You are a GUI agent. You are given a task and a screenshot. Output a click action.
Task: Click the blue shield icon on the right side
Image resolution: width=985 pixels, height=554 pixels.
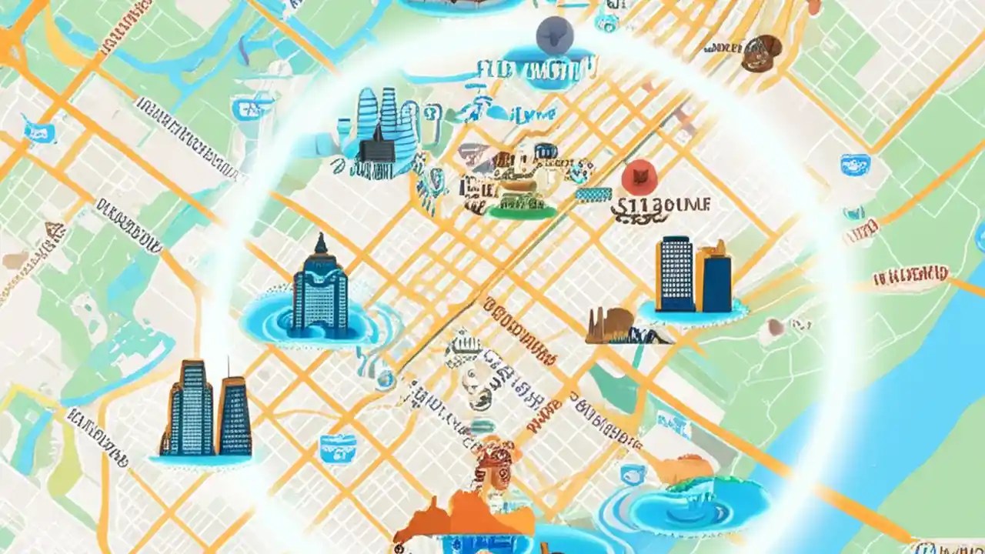click(855, 164)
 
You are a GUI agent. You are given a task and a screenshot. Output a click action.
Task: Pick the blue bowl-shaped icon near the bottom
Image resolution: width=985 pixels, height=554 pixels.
click(338, 446)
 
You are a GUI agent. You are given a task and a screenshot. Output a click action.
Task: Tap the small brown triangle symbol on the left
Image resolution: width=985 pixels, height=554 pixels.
click(54, 230)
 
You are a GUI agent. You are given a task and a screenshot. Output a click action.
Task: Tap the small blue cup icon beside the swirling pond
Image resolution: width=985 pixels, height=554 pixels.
click(633, 474)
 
